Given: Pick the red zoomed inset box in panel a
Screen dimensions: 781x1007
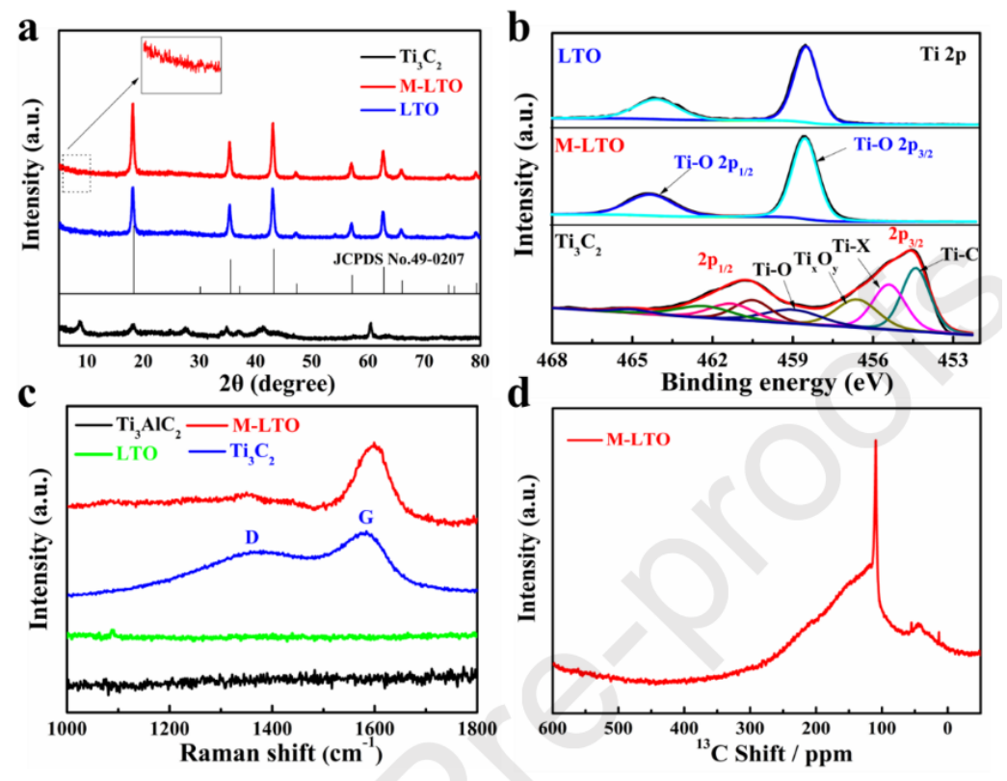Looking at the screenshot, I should coord(181,65).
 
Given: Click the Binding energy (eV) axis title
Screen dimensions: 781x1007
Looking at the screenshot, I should coord(776,384).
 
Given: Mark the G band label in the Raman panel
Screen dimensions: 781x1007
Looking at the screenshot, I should coord(366,518).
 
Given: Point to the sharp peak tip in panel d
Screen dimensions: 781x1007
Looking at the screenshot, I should coord(876,441).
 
